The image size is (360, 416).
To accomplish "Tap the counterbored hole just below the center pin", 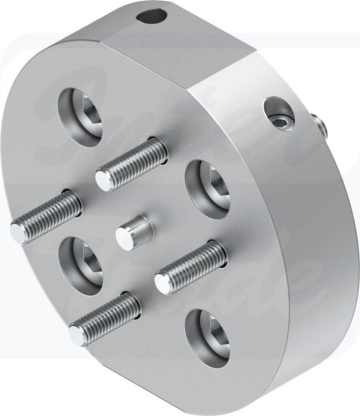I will pyautogui.click(x=83, y=263).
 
